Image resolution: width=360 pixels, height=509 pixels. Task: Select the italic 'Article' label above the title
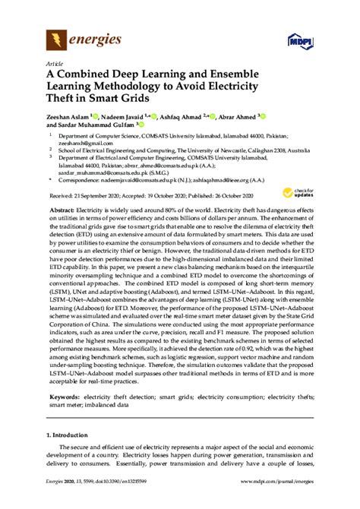coord(55,64)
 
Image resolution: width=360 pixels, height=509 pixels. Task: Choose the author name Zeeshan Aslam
coord(65,117)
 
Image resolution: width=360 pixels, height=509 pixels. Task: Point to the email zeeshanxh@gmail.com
coord(84,142)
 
